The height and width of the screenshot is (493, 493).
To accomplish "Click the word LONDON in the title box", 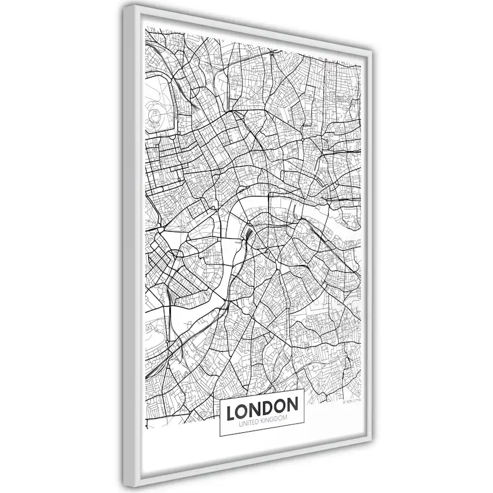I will [263, 406].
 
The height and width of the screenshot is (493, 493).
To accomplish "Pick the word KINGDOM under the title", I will [274, 420].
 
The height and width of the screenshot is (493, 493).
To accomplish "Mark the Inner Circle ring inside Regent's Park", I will [156, 115].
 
